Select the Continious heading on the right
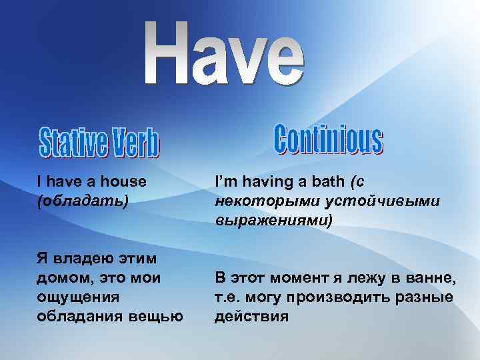pos(328,139)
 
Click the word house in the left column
pos(125,181)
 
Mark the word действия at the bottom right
pos(251,315)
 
